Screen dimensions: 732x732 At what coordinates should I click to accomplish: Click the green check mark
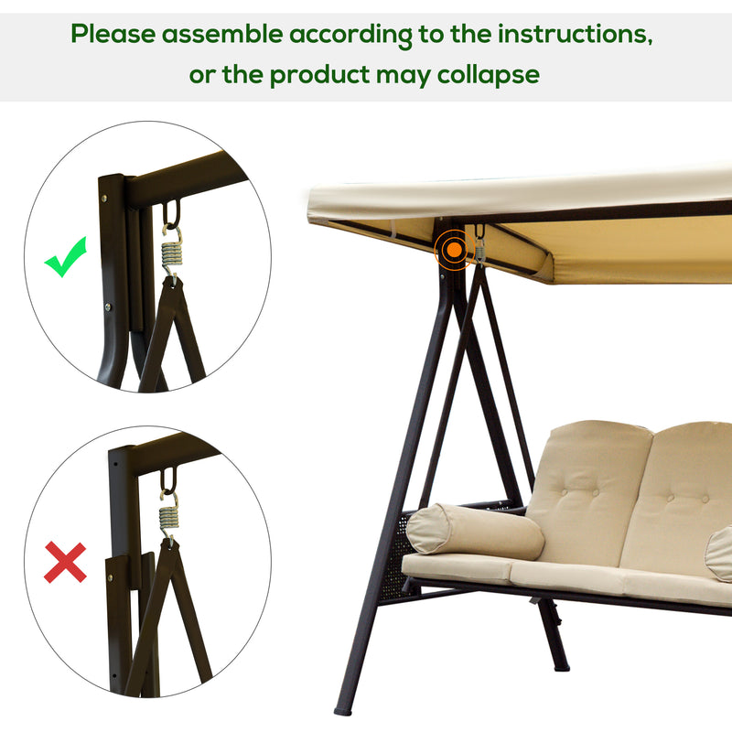pos(66,259)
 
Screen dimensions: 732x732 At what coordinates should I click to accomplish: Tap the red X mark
pos(65,563)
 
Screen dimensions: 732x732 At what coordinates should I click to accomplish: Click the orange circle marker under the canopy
pos(451,247)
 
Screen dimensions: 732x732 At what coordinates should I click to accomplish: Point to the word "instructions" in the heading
pos(575,34)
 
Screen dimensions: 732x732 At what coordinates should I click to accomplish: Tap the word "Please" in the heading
pos(113,34)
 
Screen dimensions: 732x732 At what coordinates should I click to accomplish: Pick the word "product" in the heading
pos(323,73)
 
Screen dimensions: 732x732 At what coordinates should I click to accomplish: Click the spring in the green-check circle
pos(171,250)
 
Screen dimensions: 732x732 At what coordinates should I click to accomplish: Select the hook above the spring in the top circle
pos(171,216)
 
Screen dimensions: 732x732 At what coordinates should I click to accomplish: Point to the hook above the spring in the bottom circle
pos(169,481)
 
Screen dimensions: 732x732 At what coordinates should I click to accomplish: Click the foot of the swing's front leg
pos(344,708)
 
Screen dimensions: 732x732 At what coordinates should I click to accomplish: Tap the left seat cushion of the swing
pos(457,568)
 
